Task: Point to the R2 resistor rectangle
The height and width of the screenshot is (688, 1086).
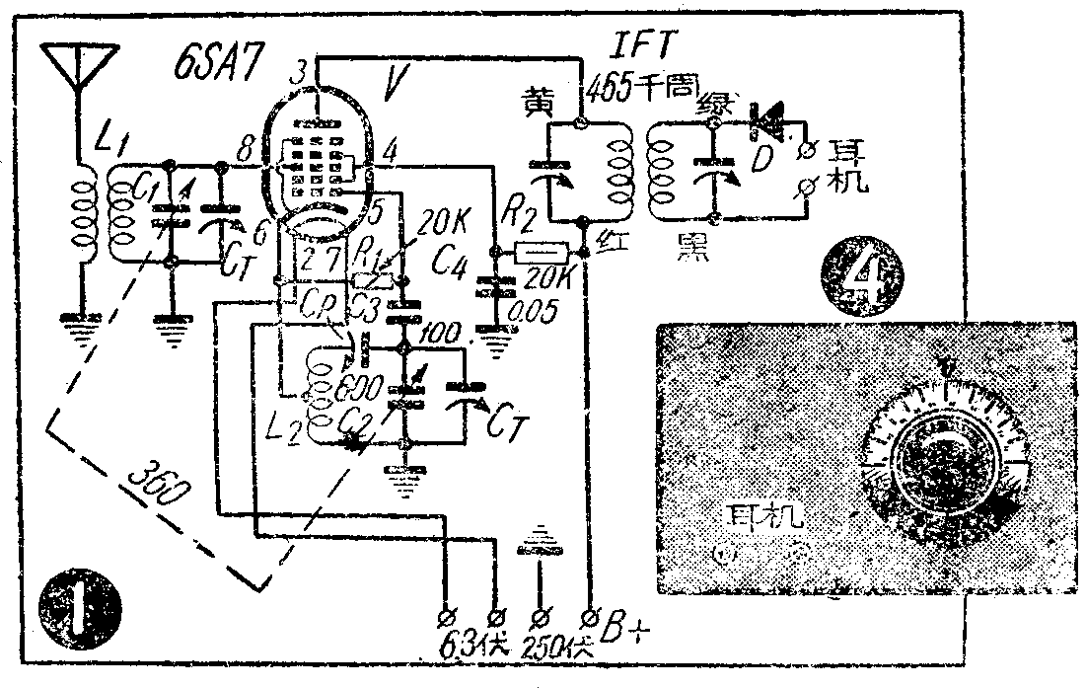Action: click(542, 253)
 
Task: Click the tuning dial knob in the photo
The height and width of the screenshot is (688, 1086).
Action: click(942, 465)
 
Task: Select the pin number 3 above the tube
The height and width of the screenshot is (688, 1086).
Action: click(303, 72)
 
